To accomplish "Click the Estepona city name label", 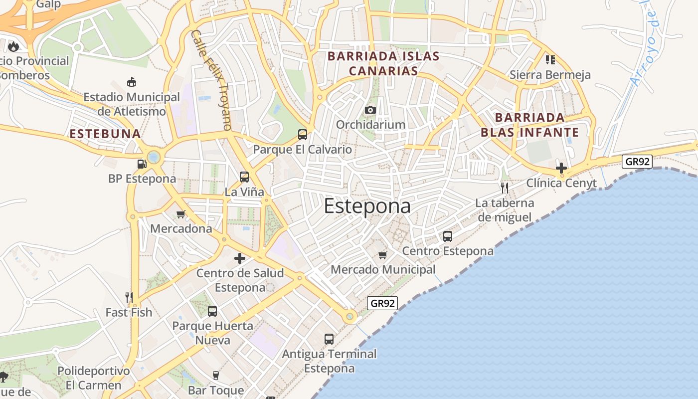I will coord(367,206).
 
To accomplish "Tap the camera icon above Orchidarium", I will coord(370,110).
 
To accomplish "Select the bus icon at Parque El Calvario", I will coord(302,134).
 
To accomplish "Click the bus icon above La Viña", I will coord(244,177).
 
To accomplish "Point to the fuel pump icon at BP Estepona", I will coord(142,164).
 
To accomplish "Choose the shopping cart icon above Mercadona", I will coord(180,214).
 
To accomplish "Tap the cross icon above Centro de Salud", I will coord(240,258).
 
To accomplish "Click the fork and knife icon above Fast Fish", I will coord(129,298).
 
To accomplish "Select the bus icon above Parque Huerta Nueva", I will coord(212,311).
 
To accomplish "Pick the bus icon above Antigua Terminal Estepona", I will coord(329,339).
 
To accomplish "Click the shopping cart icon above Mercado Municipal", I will coord(382,255).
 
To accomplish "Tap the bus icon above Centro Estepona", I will coord(448,236).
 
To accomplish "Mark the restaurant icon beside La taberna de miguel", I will coord(505,188).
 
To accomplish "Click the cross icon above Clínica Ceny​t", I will coord(561,168).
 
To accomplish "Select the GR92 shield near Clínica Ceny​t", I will coord(637,161).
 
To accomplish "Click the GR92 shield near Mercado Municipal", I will coord(382,303).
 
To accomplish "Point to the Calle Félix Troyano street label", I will coord(211,80).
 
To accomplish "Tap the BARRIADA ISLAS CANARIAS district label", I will coord(383,63).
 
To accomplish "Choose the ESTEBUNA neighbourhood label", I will coord(105,134).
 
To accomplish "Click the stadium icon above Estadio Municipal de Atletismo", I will coord(132,82).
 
